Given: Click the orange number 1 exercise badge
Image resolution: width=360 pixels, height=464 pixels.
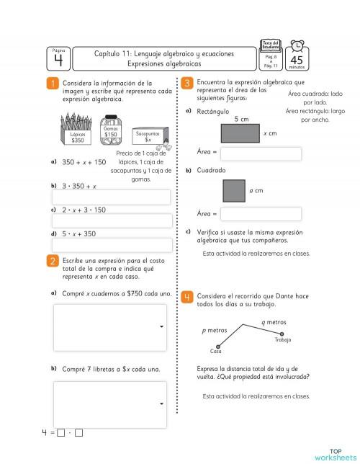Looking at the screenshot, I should coord(53,84).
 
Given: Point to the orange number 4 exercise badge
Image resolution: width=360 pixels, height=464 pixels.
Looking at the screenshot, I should coord(186,297).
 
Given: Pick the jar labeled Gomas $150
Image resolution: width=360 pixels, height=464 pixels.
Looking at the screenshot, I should coord(110,128).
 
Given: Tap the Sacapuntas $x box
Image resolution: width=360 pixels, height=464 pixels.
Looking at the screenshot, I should coord(148,135).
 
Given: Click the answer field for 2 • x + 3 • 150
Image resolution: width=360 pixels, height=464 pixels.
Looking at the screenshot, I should coord(111,221).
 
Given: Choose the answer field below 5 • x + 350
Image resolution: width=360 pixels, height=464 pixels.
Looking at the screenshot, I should coord(111,245).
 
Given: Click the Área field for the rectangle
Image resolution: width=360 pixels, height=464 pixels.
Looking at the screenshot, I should coord(261,154).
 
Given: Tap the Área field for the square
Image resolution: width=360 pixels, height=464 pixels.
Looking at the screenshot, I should coord(261,214).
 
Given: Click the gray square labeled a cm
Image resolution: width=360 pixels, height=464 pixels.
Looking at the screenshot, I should coord(234,191).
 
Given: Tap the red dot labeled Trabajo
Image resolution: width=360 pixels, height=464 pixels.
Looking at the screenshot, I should coord(282,333).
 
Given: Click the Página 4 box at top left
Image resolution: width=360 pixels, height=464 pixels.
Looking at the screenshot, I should coord(59,58).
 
